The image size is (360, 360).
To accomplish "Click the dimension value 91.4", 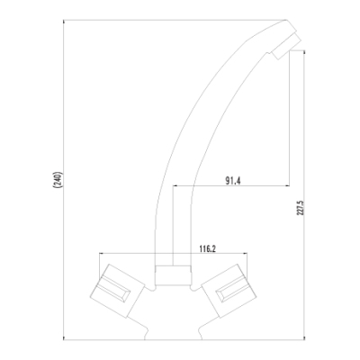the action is point(233,180).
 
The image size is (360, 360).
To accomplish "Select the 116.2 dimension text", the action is point(208,248).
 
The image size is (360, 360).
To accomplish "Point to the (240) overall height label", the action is point(58,179).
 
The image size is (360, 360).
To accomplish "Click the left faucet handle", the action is point(117,291).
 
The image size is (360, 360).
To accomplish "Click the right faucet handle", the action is point(229,291).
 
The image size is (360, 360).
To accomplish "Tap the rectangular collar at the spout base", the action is point(173,275).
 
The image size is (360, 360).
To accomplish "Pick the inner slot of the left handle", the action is point(115,289).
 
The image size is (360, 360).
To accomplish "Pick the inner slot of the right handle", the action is point(232,289).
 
